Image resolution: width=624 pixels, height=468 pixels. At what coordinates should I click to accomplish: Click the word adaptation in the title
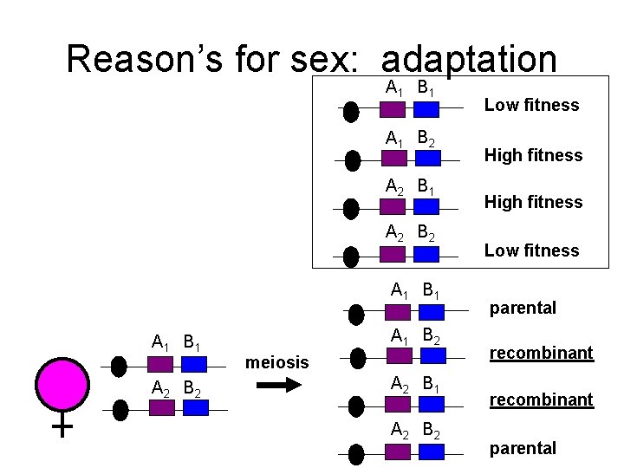coord(468,59)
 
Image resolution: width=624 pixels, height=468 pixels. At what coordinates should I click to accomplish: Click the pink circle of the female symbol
coord(62,382)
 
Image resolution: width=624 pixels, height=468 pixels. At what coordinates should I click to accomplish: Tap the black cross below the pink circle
coord(62,426)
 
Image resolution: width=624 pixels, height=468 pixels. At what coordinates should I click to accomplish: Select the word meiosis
coord(277,361)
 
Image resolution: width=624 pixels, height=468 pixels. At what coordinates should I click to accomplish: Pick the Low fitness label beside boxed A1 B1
coord(531,105)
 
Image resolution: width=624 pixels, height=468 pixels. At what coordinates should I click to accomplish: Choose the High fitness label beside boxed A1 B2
coord(533,155)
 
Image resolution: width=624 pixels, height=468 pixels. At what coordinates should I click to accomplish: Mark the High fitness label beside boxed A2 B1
coord(533,202)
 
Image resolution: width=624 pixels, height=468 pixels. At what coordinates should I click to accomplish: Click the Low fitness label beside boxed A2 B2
coord(531,250)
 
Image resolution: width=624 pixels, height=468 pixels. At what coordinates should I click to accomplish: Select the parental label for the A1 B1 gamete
coord(523,308)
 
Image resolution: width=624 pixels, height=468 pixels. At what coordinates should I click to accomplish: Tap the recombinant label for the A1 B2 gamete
coord(542,353)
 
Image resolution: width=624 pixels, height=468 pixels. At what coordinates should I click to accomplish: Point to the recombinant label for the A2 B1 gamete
coord(542,400)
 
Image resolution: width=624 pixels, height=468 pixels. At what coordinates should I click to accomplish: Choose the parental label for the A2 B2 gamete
coord(523,448)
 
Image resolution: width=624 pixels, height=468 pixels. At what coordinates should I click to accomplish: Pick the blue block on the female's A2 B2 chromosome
coord(194,408)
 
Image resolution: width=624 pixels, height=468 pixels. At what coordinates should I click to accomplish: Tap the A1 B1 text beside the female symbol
coord(176,341)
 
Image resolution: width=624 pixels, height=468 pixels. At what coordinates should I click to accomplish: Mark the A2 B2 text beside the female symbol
coord(176,387)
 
